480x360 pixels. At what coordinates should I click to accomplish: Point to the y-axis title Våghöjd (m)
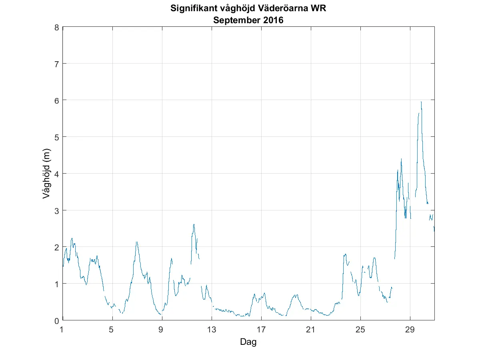tap(47, 174)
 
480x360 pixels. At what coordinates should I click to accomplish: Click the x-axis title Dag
tap(248, 342)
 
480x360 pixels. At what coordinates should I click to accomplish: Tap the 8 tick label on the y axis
tap(57, 28)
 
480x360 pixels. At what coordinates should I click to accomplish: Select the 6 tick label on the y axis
tap(57, 100)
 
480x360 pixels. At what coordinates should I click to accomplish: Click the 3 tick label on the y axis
tap(57, 210)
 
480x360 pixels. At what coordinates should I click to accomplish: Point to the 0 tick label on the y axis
tap(57, 320)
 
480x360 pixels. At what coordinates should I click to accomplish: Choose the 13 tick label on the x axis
tap(212, 330)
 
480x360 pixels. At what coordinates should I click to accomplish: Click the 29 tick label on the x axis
tap(410, 330)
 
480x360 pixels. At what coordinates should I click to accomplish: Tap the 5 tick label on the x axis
tap(112, 330)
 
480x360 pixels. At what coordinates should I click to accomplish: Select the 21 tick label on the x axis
tap(311, 330)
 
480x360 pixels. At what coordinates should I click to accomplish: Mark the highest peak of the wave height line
tap(421, 102)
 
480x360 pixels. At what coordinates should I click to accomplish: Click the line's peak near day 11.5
tap(194, 224)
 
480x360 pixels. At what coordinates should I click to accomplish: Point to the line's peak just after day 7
tap(137, 242)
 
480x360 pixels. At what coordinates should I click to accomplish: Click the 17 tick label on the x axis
tap(261, 330)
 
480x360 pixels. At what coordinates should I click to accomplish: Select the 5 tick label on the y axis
tap(57, 137)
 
